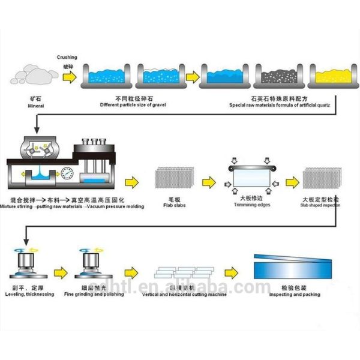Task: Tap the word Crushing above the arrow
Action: point(67,58)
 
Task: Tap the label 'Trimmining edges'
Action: point(251,204)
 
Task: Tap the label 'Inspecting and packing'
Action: point(294,294)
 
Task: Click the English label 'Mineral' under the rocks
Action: point(36,106)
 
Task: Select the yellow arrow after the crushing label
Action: point(70,77)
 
